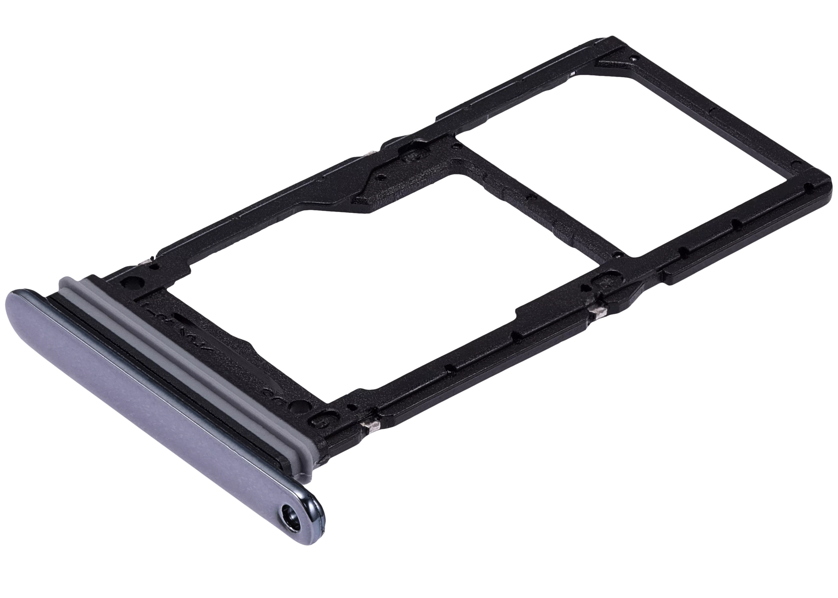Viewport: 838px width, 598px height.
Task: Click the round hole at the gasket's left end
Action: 131,283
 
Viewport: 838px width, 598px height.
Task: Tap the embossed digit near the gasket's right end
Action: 319,421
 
